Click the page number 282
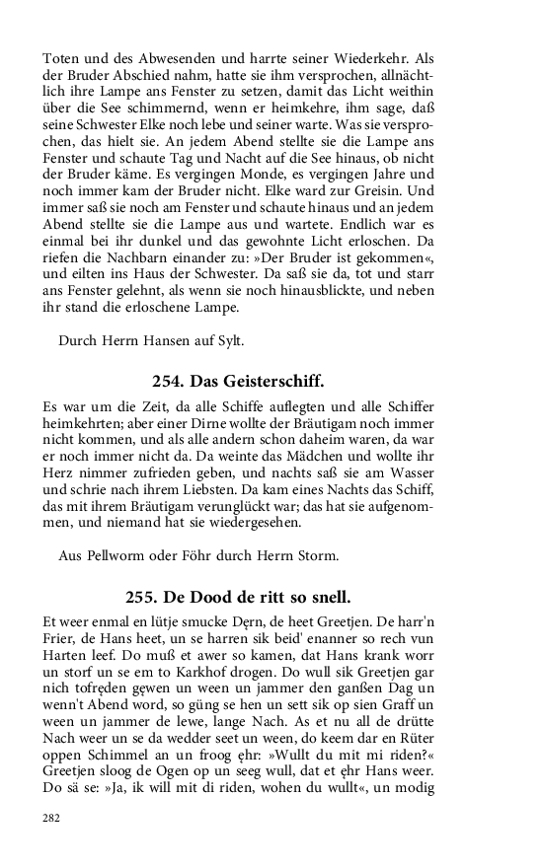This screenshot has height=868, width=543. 51,818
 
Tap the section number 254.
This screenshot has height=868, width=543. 168,380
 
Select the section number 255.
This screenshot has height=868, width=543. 142,598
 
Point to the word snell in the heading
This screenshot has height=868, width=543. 327,598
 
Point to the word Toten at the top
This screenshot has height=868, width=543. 62,58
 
